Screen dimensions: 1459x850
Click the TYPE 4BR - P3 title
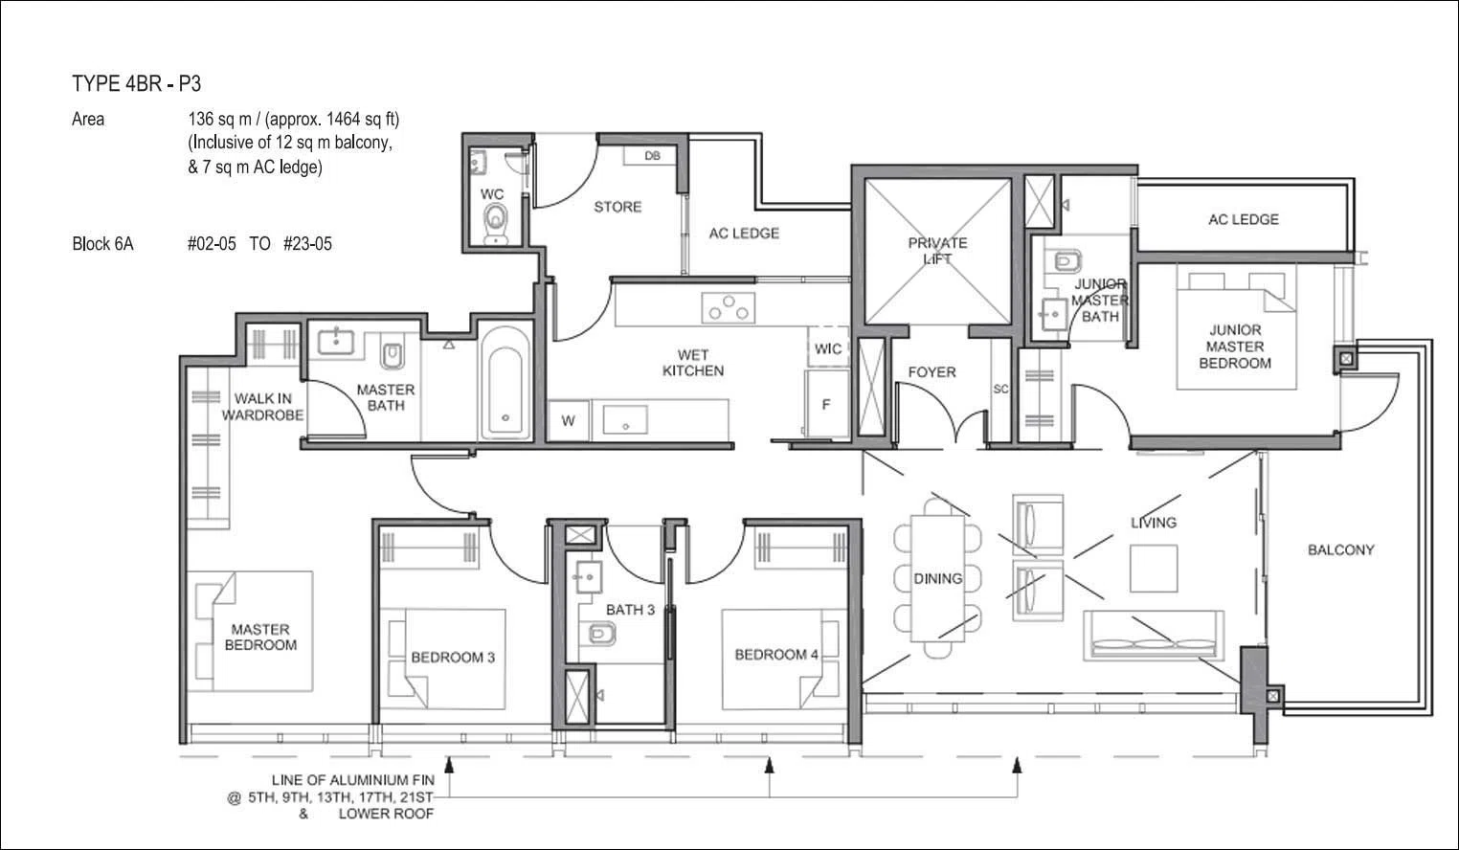pos(136,84)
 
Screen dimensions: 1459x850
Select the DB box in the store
pos(652,156)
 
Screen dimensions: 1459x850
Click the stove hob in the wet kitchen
pos(729,307)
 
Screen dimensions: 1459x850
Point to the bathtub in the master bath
pos(505,383)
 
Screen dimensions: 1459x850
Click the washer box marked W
pos(569,421)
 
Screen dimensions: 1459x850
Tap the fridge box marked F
pos(826,404)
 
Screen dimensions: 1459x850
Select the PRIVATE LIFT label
pos(937,251)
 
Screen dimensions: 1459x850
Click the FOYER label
pos(932,372)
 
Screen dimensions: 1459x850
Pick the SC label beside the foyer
pos(1000,389)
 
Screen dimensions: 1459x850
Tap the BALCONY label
pos(1341,550)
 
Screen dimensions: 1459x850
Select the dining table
pos(938,578)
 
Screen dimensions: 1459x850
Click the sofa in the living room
pos(1154,636)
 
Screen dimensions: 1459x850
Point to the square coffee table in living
pos(1154,569)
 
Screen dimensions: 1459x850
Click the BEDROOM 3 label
pos(453,658)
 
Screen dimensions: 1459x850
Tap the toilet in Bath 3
pos(600,633)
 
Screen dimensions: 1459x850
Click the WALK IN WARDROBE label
pos(262,407)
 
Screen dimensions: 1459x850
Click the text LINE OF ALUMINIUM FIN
pos(352,780)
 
